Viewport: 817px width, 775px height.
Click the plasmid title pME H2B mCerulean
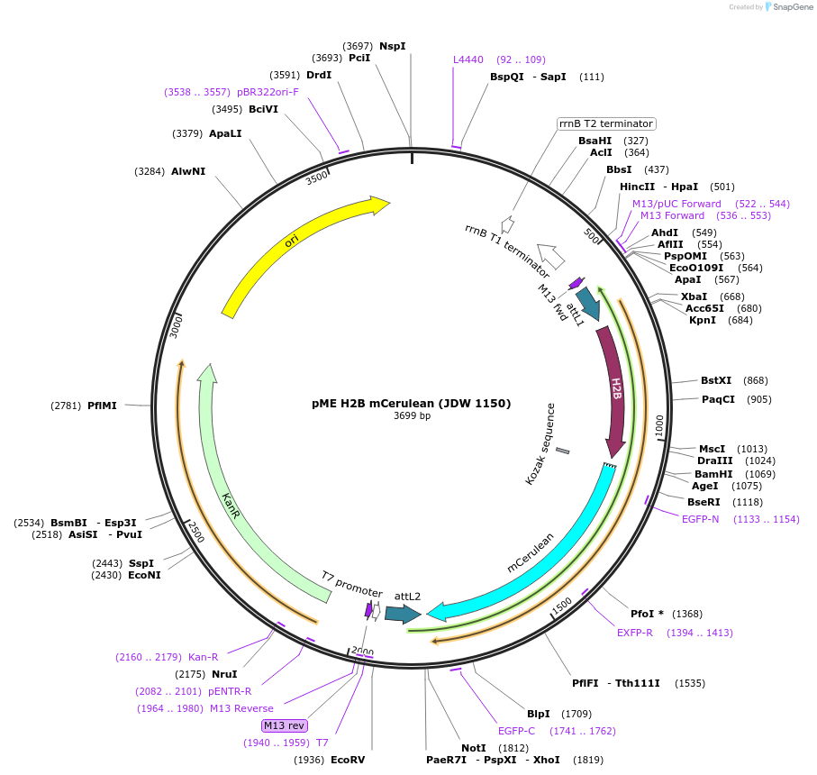[411, 403]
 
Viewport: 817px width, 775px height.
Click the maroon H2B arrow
[615, 387]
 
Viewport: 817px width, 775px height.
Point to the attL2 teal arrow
[402, 614]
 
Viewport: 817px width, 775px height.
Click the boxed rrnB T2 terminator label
[605, 123]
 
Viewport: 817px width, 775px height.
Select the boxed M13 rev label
[285, 725]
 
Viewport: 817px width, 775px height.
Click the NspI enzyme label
[392, 45]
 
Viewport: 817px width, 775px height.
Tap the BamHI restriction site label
[713, 474]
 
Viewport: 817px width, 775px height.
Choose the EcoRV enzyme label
[348, 760]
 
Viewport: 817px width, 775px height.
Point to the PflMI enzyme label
[102, 406]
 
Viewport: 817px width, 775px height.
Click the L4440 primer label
[468, 59]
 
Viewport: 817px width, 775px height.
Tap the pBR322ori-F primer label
[268, 92]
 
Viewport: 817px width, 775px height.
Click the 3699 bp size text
[412, 416]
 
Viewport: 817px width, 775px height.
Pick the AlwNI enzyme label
[188, 171]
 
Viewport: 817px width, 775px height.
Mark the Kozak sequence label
[540, 444]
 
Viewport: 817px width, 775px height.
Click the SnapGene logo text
[791, 7]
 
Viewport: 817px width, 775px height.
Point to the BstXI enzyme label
[716, 380]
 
